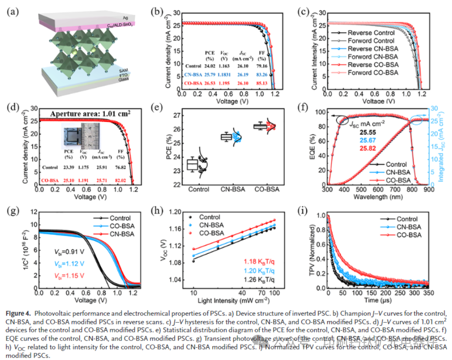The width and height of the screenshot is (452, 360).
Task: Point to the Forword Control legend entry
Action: [371, 41]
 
